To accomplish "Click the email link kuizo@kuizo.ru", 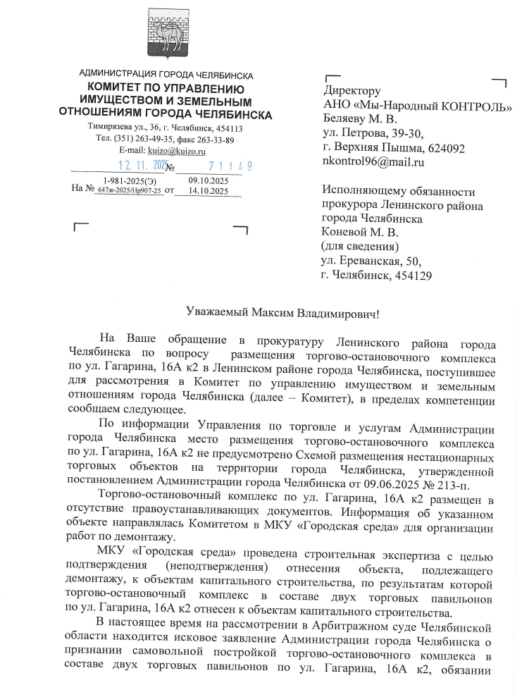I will [172, 150].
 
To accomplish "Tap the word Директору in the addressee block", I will [352, 91].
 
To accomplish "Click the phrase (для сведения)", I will [359, 247].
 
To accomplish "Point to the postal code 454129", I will [411, 276].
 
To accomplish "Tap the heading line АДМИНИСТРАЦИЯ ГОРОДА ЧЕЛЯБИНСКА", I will [166, 75].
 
